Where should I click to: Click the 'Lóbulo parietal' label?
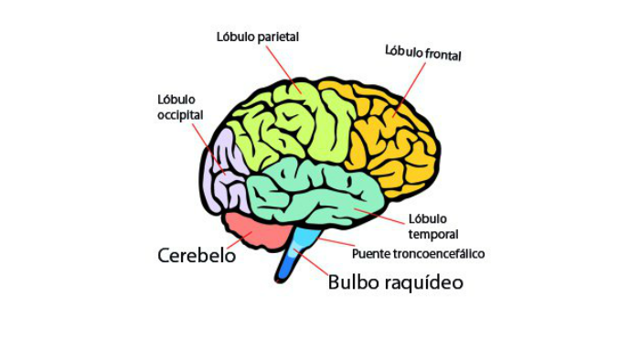[258, 37]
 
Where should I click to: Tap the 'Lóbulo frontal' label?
[422, 53]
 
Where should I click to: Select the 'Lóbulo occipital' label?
[180, 107]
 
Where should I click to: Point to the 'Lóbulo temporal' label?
[433, 227]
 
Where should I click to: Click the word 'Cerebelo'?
[197, 256]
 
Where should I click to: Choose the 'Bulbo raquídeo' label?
[396, 282]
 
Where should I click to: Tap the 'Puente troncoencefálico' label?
[419, 254]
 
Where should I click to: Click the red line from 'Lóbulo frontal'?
[409, 90]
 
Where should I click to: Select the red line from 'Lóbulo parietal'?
[283, 69]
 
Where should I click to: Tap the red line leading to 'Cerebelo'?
[240, 240]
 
